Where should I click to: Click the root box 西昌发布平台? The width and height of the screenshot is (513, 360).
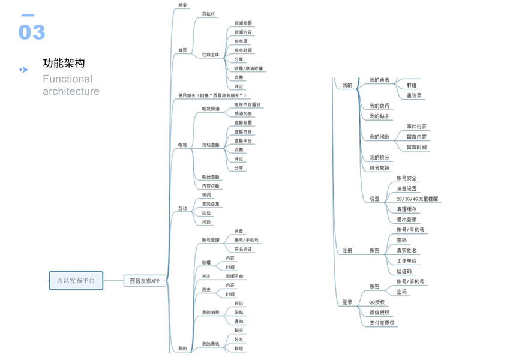76,280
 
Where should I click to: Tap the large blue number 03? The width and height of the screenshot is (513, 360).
32,32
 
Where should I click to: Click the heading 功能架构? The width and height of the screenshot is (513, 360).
64,64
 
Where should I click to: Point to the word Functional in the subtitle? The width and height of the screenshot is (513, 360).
68,79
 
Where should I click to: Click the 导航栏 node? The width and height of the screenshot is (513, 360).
209,13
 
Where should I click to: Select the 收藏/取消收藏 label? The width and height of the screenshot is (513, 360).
248,68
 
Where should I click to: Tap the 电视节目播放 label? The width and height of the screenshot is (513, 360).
248,104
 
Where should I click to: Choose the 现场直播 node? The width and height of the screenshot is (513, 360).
211,145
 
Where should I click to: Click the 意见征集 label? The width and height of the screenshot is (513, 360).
211,204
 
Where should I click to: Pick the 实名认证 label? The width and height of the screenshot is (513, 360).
243,249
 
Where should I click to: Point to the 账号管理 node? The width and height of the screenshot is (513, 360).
211,240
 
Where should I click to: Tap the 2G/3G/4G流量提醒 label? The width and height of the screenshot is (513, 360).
417,199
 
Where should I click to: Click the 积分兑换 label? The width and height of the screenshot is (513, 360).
379,168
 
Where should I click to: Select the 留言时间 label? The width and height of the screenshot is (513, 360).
416,147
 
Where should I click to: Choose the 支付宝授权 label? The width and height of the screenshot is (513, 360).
382,323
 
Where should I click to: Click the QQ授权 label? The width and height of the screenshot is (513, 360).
377,302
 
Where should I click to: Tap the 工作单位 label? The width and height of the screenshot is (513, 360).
407,261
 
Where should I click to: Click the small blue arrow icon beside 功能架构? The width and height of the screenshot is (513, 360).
23,70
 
